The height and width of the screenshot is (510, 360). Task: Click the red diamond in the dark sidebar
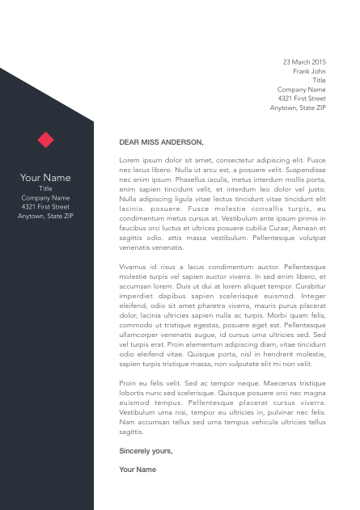click(x=45, y=140)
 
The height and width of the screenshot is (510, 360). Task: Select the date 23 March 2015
click(x=304, y=61)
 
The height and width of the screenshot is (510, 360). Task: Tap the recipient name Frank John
click(x=309, y=71)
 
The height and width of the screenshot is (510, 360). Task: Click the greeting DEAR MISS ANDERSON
click(x=161, y=141)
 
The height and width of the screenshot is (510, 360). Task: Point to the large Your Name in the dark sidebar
click(x=45, y=177)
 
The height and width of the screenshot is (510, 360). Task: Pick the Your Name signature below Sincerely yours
click(x=138, y=469)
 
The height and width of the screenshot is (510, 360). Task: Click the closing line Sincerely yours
click(x=146, y=450)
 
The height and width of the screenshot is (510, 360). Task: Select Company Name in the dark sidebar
click(x=45, y=197)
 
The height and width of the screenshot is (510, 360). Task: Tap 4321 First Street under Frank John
click(x=302, y=98)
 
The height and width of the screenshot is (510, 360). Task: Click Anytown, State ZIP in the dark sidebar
click(x=45, y=216)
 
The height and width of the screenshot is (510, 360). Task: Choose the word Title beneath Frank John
click(x=319, y=80)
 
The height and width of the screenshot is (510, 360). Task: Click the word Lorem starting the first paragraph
click(x=129, y=160)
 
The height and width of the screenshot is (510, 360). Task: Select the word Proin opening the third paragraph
click(x=129, y=382)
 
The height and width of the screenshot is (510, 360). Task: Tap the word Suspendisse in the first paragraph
click(x=303, y=170)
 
